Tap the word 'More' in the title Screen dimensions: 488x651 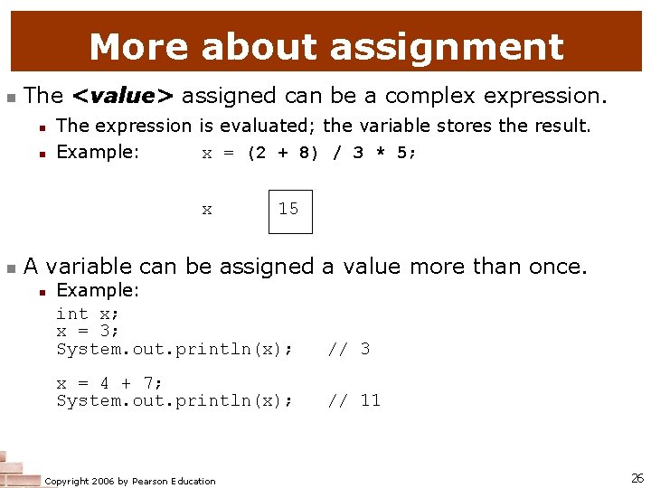click(139, 47)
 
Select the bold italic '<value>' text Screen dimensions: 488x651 click(124, 95)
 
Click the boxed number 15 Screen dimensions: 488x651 click(288, 210)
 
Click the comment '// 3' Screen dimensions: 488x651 click(348, 349)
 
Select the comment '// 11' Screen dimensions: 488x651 click(354, 400)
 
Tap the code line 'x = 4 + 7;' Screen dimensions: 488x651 click(109, 383)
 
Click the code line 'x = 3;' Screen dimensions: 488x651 click(88, 331)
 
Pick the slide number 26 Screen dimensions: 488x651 click(637, 476)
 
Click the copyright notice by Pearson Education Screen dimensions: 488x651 click(130, 481)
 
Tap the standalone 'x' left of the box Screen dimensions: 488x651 click(207, 210)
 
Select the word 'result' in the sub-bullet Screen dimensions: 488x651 click(563, 126)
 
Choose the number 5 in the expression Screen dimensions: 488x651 click(401, 153)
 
